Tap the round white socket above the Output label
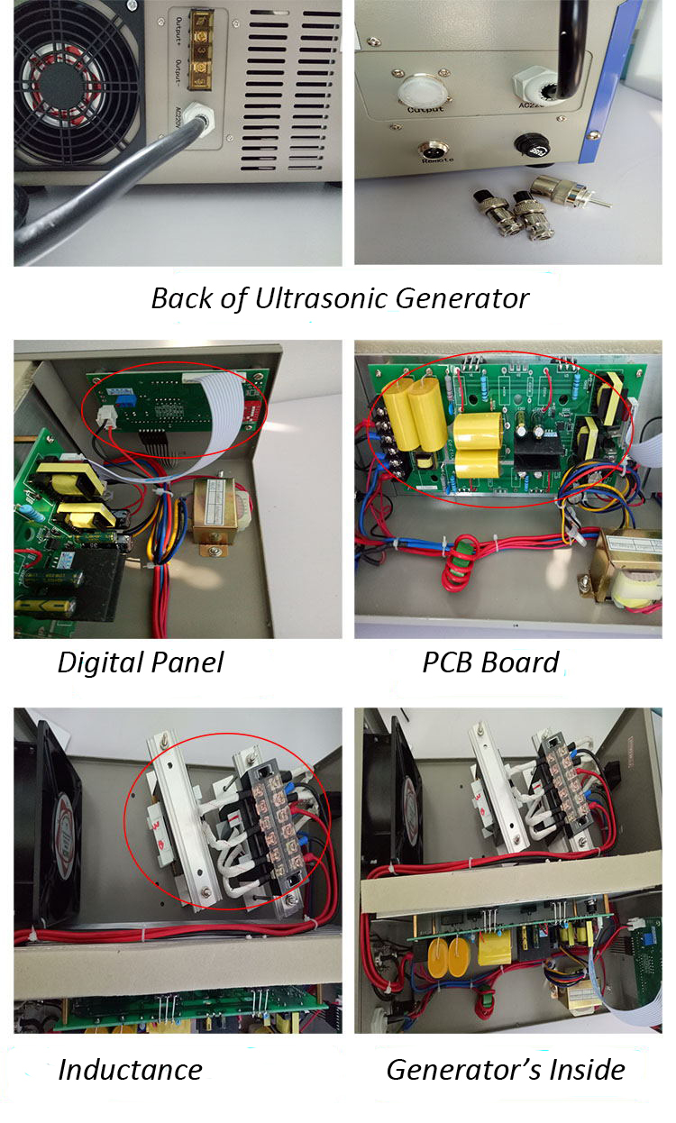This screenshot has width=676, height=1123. pyautogui.click(x=424, y=88)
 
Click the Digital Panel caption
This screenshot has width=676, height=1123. pyautogui.click(x=140, y=662)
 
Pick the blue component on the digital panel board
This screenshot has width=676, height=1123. pyautogui.click(x=132, y=399)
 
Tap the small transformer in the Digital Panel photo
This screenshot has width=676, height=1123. pyautogui.click(x=216, y=514)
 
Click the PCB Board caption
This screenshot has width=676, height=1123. pyautogui.click(x=490, y=662)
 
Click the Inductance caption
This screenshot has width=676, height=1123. pyautogui.click(x=130, y=1069)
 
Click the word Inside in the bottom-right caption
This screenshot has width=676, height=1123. pyautogui.click(x=580, y=1069)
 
